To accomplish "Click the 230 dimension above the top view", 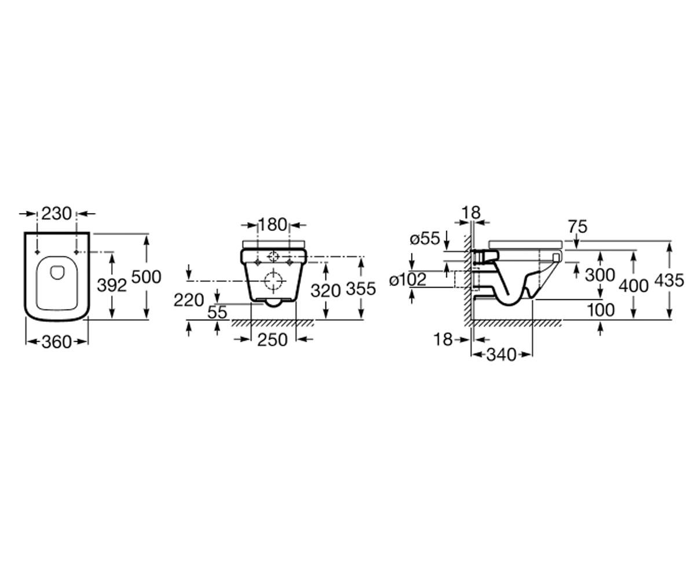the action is tap(56, 213).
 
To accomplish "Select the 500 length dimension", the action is tap(146, 277).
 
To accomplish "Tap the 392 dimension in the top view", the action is tap(112, 285).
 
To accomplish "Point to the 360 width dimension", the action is tap(57, 342).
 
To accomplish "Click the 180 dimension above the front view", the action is tap(272, 225).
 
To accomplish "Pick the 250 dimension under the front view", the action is tap(272, 340).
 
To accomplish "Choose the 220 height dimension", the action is tap(189, 300).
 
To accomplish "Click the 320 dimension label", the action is tap(325, 291).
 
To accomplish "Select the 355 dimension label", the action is tap(361, 288).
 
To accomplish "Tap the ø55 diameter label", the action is tap(425, 239).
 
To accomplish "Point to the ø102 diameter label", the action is tap(408, 279).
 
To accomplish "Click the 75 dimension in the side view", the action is tap(578, 227).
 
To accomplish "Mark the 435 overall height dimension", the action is tap(669, 280).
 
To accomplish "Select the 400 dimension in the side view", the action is tap(634, 286).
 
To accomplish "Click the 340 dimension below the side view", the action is tap(502, 355).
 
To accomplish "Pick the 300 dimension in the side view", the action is tap(600, 275).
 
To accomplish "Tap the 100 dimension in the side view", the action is tap(601, 310).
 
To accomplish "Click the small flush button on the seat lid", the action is tap(57, 272).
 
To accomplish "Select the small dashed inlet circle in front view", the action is tap(273, 256).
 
